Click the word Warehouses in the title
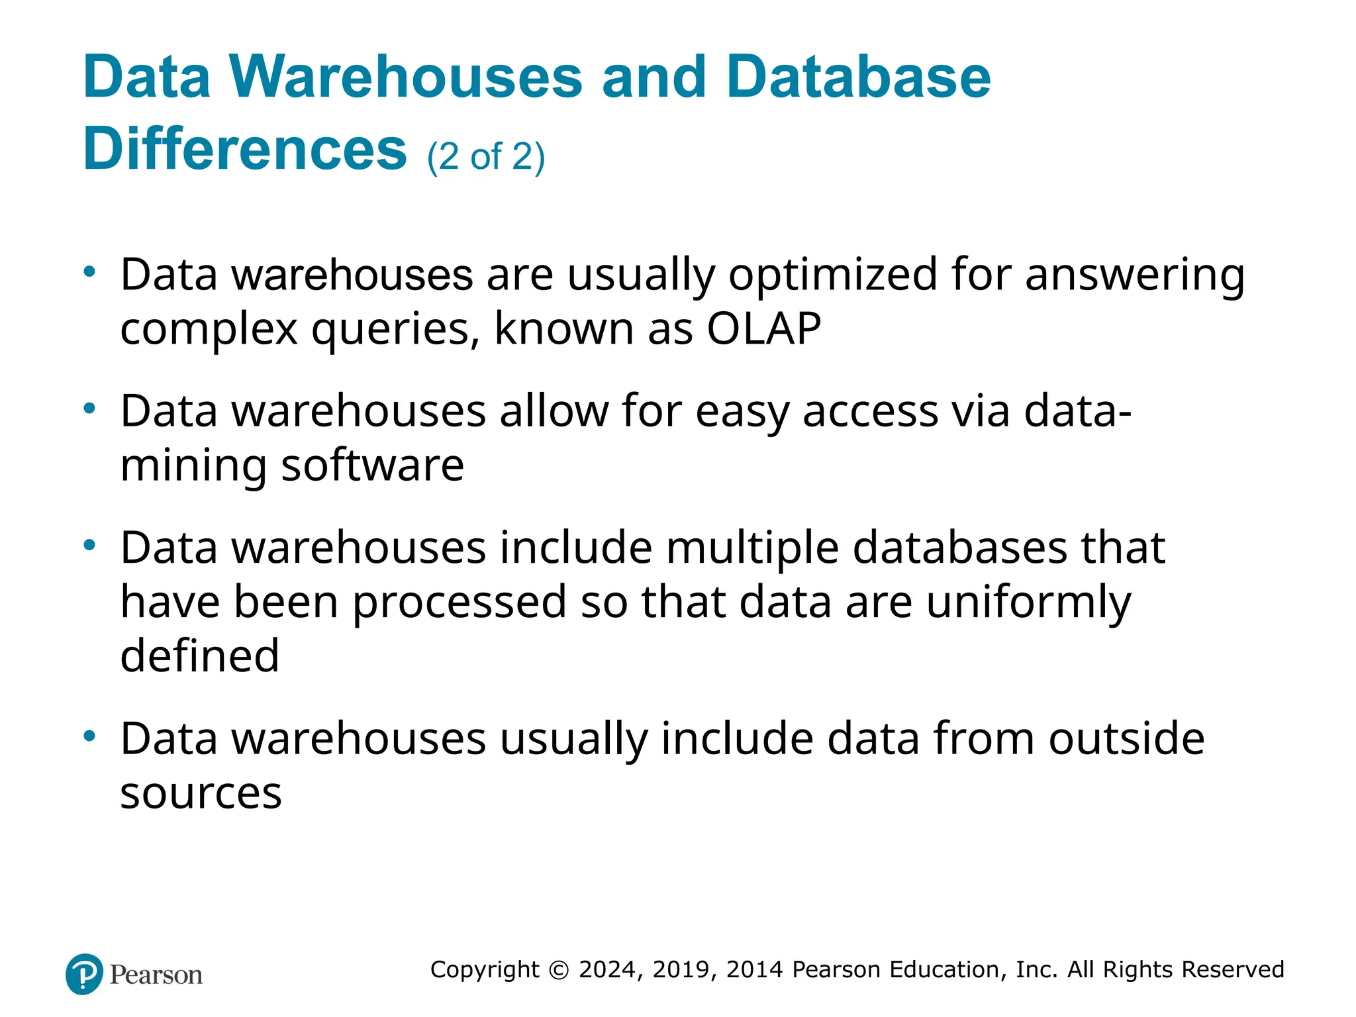[406, 77]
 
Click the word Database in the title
[858, 77]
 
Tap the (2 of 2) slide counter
[486, 157]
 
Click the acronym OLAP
[763, 328]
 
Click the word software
[372, 465]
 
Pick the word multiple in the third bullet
[752, 549]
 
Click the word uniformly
[1028, 603]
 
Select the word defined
[199, 655]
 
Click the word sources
[201, 793]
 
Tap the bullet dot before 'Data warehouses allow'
[90, 409]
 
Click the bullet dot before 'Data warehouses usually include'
[90, 736]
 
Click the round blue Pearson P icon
[85, 974]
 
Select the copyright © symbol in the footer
[559, 970]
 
